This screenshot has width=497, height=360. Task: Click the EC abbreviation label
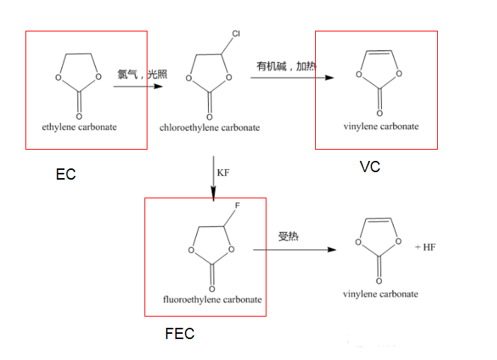tap(66, 174)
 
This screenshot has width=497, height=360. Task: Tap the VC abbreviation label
tap(370, 166)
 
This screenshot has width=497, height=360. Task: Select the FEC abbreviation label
tap(180, 334)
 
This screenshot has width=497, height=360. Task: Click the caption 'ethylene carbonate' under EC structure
tap(79, 126)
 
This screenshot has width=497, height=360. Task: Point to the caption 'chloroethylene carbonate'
tap(210, 127)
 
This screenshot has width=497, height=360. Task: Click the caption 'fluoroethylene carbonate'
tap(213, 299)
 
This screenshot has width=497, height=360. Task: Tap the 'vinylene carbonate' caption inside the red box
tap(381, 126)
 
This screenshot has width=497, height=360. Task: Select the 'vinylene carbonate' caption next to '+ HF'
tap(381, 293)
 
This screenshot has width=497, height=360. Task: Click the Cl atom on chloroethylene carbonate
tap(236, 34)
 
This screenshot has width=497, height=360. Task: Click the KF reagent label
tap(223, 173)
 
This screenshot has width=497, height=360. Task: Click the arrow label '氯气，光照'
tap(140, 74)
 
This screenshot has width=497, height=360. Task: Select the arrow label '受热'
tap(288, 237)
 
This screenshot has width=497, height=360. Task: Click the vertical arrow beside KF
tap(214, 177)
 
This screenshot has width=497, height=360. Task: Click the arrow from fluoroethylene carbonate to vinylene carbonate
tap(299, 248)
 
